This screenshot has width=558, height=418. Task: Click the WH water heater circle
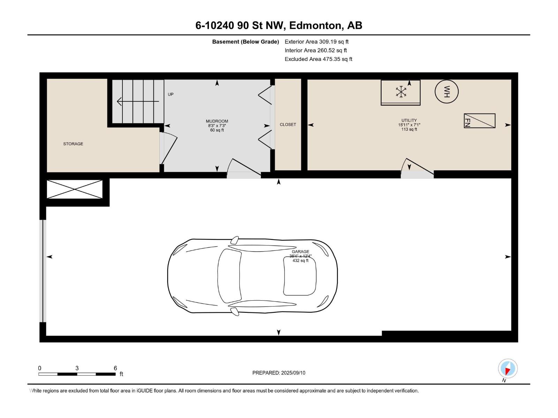446,92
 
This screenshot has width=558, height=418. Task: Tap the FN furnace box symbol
480,121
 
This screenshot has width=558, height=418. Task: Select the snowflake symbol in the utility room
401,92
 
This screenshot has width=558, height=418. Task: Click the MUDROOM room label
217,122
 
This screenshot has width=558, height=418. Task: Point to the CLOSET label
288,124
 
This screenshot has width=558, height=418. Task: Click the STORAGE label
73,144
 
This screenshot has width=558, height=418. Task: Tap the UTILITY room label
409,121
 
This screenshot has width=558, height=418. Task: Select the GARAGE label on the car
300,251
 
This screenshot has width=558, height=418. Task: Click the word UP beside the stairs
171,94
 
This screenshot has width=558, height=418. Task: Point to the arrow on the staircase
138,101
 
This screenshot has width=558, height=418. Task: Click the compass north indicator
507,369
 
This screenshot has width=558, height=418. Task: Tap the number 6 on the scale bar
115,368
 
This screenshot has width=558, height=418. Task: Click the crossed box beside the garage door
75,189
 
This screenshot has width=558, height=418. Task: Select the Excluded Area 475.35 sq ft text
318,59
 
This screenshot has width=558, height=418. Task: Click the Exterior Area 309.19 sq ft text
316,42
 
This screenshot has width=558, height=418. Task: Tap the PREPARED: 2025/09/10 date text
279,373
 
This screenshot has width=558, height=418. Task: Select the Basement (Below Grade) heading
246,42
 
